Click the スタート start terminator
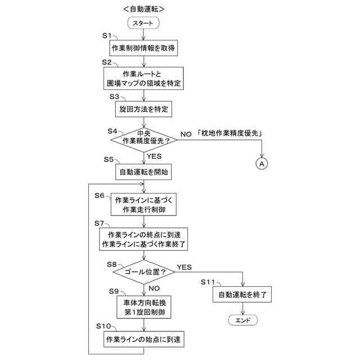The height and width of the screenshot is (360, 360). click(145, 23)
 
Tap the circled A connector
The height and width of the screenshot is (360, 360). click(262, 163)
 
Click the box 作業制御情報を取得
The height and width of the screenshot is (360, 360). click(145, 49)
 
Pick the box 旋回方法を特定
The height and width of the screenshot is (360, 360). click(145, 107)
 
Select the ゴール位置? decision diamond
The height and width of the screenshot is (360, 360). click(145, 272)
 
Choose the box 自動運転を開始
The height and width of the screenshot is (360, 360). click(145, 172)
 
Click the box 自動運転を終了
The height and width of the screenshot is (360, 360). click(242, 294)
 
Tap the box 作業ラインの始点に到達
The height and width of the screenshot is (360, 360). click(145, 339)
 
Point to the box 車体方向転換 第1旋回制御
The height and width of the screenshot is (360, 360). click(145, 307)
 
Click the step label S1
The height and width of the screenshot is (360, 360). click(107, 35)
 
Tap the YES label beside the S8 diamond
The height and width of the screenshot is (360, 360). click(184, 266)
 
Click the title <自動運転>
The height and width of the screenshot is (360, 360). click(144, 8)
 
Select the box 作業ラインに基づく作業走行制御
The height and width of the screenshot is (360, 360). click(145, 205)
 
